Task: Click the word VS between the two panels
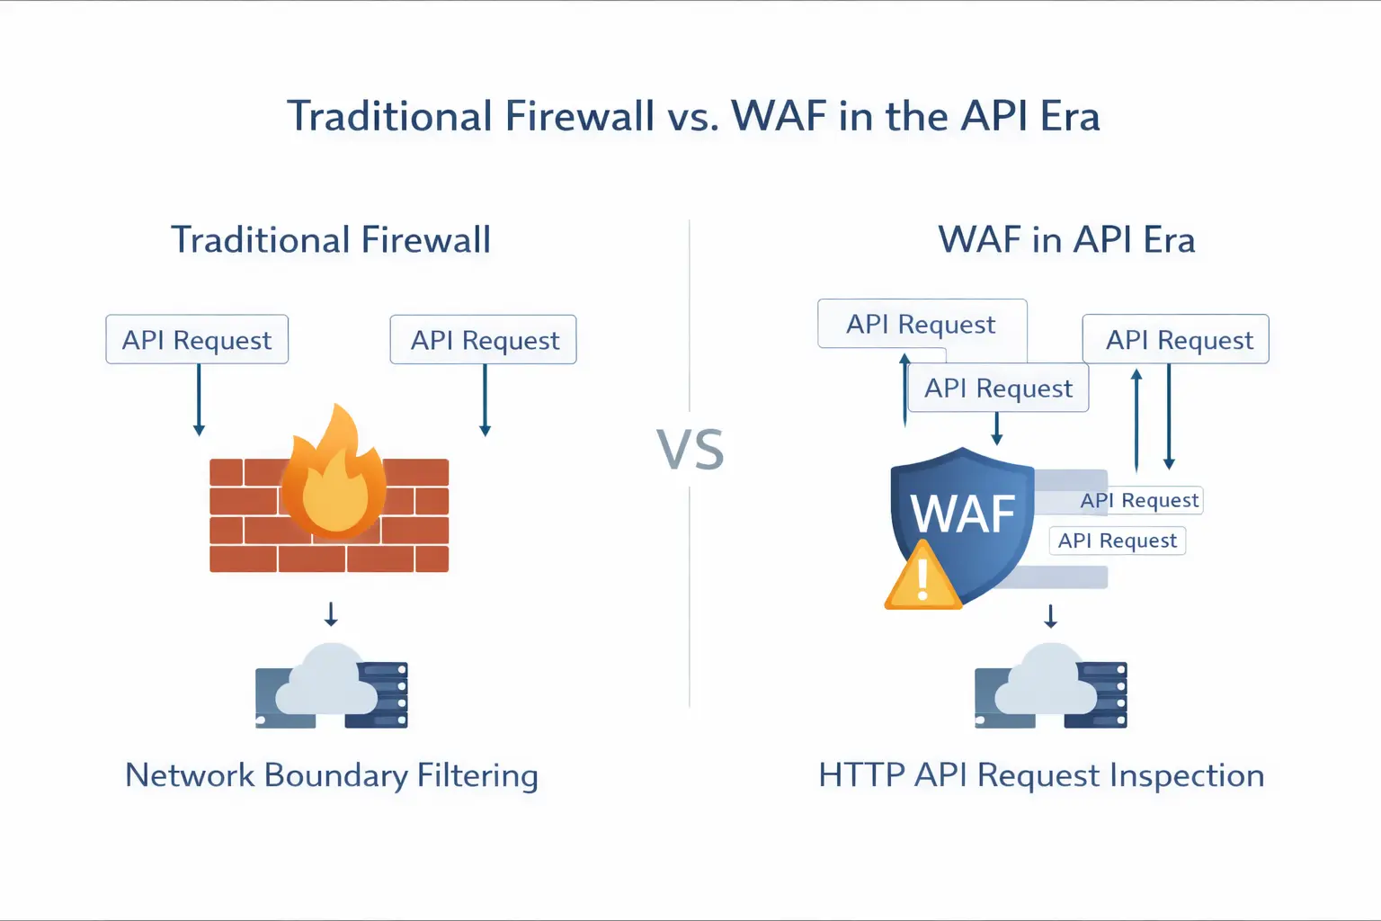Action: click(x=690, y=451)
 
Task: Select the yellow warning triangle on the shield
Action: click(x=922, y=578)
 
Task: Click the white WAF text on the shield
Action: click(x=963, y=514)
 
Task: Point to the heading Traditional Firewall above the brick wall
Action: click(x=331, y=240)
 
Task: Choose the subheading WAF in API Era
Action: click(x=1066, y=240)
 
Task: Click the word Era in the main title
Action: click(x=1070, y=117)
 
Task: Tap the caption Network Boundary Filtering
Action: click(x=331, y=775)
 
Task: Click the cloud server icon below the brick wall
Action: click(x=331, y=688)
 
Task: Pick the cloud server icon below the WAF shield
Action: click(x=1050, y=688)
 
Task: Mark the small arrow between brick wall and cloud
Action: click(x=331, y=614)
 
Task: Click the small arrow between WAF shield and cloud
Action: click(x=1050, y=616)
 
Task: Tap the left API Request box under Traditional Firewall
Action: click(x=197, y=340)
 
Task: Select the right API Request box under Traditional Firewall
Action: click(x=484, y=340)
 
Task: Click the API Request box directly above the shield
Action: click(x=998, y=389)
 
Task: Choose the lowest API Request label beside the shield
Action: click(x=1118, y=541)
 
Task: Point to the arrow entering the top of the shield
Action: click(x=996, y=429)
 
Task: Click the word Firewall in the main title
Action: click(x=579, y=117)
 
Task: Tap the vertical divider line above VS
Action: click(x=690, y=315)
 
